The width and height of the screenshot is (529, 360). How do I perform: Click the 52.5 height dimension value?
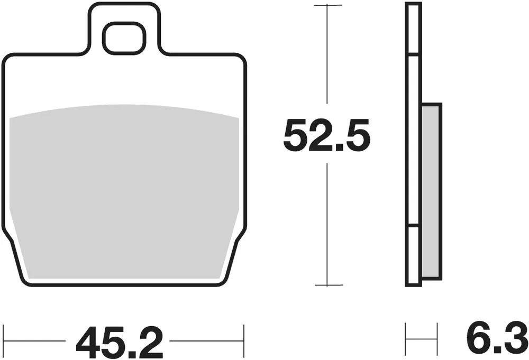point(326,135)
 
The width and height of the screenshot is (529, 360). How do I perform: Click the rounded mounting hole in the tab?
point(124,38)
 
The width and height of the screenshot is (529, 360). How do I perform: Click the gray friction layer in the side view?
point(432,191)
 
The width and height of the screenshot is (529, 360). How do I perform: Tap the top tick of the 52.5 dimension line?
point(327,5)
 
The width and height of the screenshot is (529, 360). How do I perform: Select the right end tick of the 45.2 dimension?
point(243,341)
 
